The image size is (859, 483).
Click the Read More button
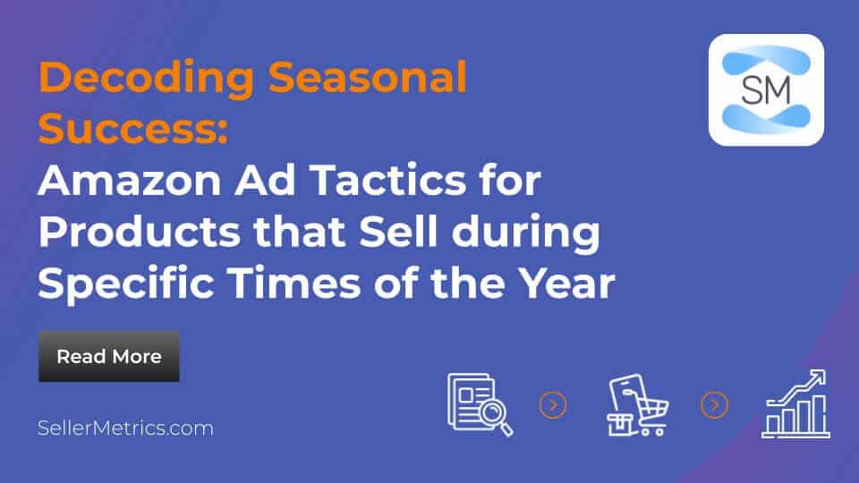[109, 357]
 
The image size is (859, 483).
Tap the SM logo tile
[766, 89]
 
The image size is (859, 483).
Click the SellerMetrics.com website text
[125, 428]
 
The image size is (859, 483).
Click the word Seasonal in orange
[368, 77]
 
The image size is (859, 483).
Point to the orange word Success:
[133, 128]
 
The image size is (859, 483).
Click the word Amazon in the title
[129, 180]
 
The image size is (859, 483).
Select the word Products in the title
[140, 233]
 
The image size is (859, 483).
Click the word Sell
[398, 231]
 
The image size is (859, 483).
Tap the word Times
[294, 283]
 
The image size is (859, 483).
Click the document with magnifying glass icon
[480, 404]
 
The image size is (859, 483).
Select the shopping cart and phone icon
[638, 404]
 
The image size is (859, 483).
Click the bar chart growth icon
[795, 404]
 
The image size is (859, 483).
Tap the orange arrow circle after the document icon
[553, 405]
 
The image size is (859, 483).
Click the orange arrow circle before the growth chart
[714, 405]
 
